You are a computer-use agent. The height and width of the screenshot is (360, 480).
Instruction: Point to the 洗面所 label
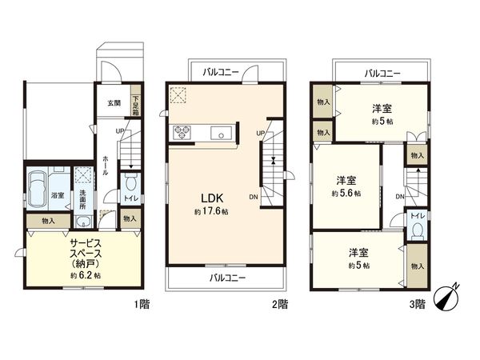point(82,198)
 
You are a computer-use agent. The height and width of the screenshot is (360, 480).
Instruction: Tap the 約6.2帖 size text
point(85,275)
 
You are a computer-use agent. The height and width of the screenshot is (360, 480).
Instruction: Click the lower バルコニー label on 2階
point(228,278)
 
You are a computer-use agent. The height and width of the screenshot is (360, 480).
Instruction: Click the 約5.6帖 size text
point(346,194)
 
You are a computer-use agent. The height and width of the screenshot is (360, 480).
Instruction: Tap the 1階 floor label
point(142,303)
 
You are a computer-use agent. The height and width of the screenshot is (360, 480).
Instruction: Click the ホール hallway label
point(106,168)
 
